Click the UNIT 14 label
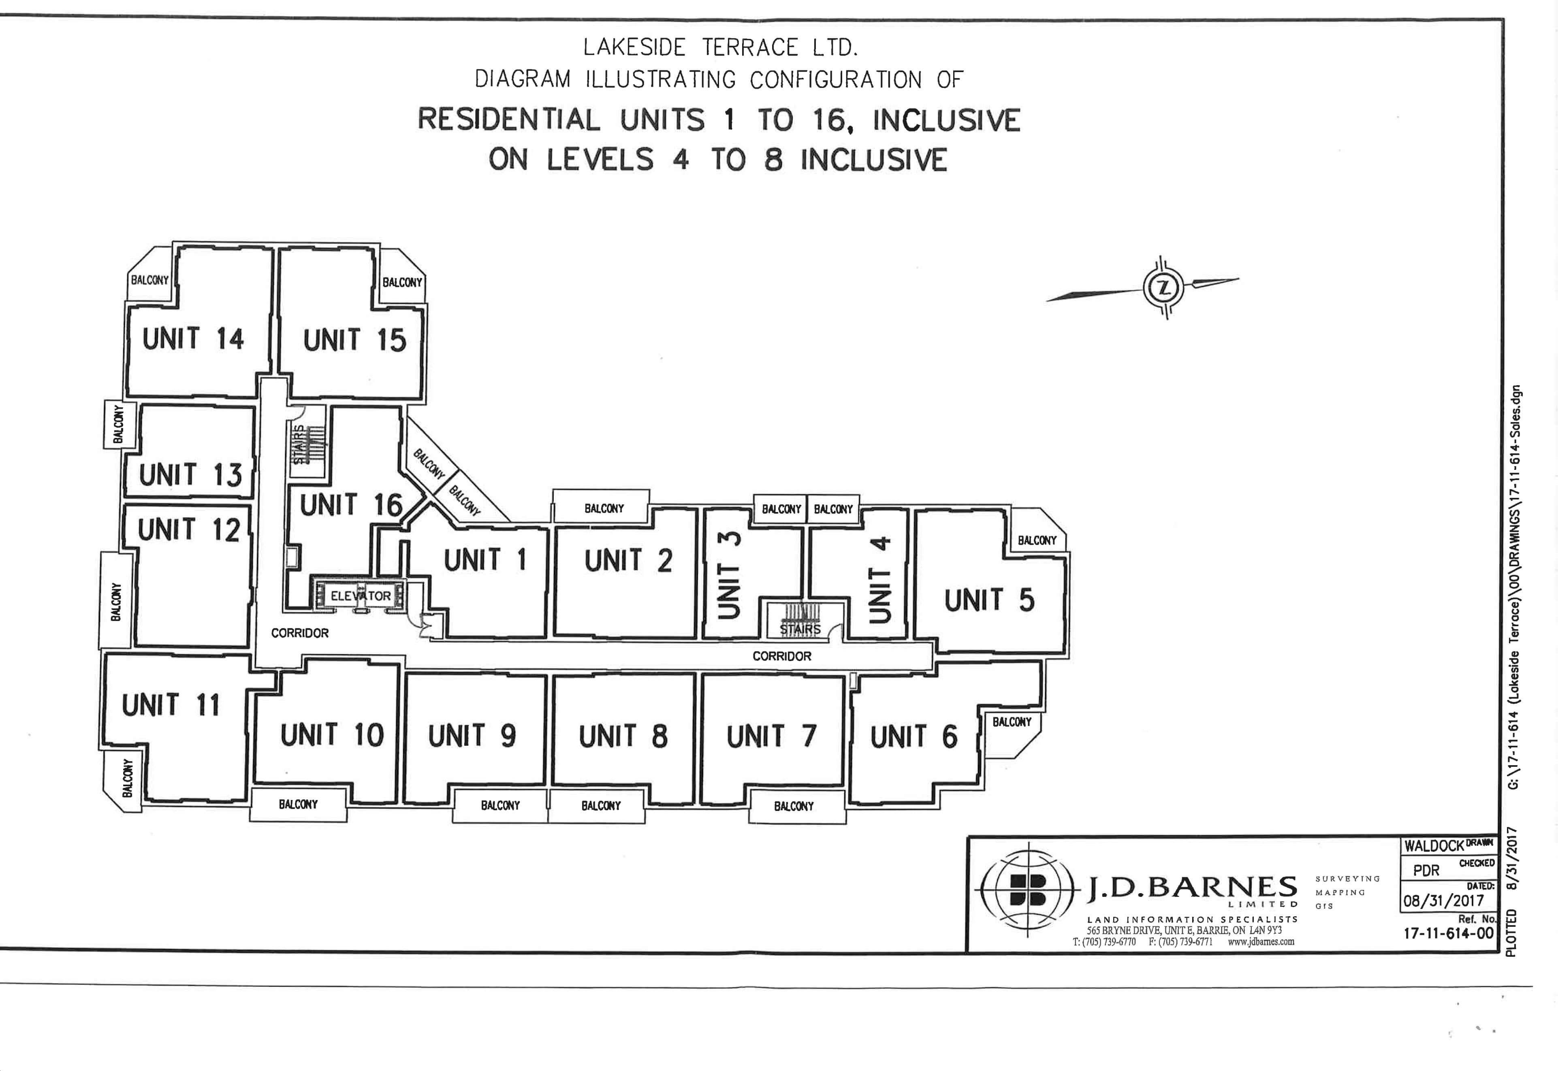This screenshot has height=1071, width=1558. click(x=193, y=339)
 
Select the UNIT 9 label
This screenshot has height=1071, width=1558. click(x=472, y=736)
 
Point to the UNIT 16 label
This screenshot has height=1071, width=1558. click(x=350, y=505)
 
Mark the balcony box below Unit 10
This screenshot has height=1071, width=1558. click(x=298, y=804)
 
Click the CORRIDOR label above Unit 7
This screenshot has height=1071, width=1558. click(x=782, y=656)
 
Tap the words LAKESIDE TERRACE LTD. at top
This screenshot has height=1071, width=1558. click(x=720, y=48)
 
